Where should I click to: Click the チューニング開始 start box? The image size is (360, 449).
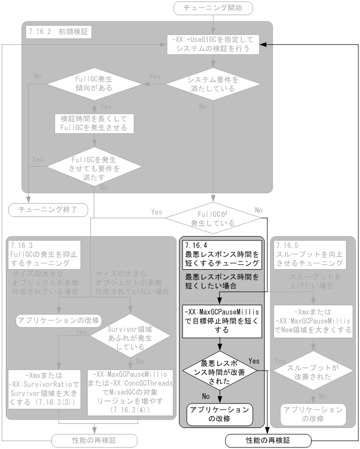pos(212,8)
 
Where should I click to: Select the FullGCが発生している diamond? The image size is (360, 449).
pos(213,217)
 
